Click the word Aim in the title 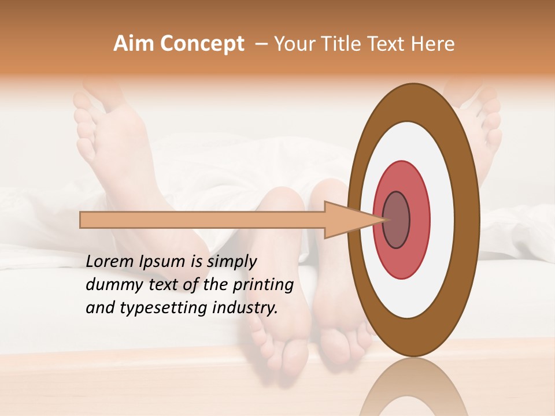(x=133, y=44)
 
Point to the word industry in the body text (x=245, y=308)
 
